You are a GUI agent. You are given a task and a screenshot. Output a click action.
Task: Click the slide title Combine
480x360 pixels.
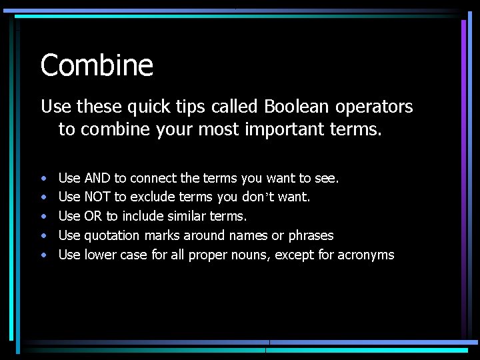pos(97,65)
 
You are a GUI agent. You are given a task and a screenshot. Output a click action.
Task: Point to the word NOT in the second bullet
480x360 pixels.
pos(98,197)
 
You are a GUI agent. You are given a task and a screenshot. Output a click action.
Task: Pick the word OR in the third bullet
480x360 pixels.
pos(93,216)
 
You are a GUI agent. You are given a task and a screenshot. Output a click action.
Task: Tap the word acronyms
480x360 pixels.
pos(366,255)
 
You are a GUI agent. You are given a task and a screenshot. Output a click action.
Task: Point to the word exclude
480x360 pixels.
pos(154,197)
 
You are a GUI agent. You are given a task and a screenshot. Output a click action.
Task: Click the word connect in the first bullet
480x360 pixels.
pos(154,178)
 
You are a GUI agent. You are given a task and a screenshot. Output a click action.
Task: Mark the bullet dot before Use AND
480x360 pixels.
pos(43,179)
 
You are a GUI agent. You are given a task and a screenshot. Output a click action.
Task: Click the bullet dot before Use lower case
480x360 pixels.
pos(43,255)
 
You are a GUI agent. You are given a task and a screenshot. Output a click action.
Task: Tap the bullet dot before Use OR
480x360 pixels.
pos(43,217)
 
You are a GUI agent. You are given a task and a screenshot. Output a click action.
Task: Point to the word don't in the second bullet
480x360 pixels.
pos(274,197)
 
